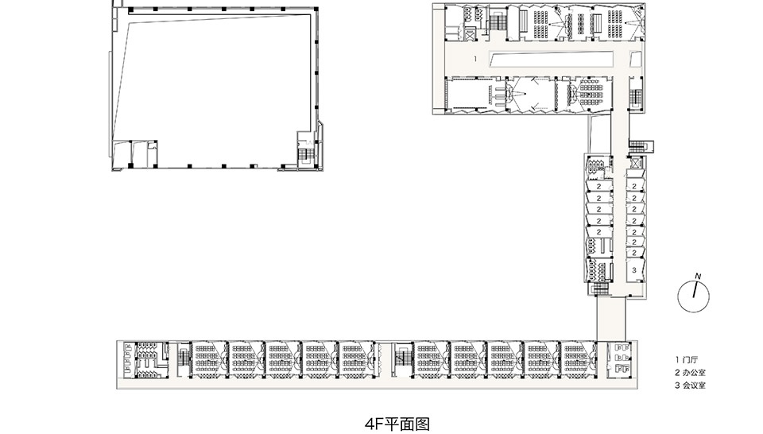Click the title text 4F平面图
(395, 420)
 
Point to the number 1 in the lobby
(474, 60)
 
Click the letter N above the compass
(698, 277)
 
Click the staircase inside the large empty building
(305, 152)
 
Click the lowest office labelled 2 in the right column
(634, 252)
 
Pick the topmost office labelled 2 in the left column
(597, 187)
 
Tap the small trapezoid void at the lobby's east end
(634, 58)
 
